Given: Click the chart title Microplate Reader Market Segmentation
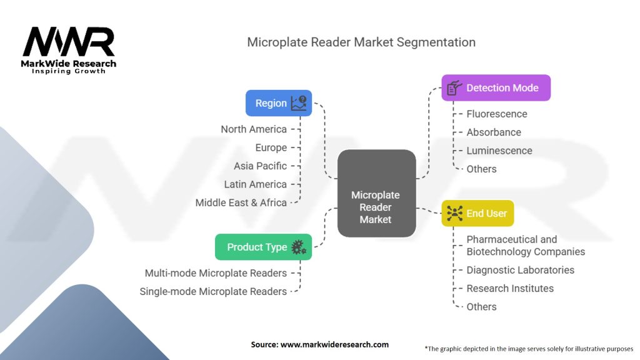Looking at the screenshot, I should pos(361,42).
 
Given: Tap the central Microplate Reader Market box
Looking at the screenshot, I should pos(376,194).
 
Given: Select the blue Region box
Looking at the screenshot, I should pos(278,103).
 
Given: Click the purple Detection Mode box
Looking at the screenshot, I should pos(496,88).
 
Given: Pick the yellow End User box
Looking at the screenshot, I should pos(477,214).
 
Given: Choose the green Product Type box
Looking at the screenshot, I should pos(263,247).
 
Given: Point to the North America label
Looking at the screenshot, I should pos(254,129).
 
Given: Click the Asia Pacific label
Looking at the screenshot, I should pos(261,166).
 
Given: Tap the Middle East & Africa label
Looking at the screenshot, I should pos(241,202).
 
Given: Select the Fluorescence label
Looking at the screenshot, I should pos(497,114).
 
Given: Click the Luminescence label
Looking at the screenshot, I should pos(499,151).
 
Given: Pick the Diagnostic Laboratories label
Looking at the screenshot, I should pos(520,270).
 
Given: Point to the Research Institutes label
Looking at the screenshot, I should pos(510,288).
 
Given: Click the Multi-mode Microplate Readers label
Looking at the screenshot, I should pos(216,273).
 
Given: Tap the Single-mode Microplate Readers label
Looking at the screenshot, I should pos(213,291).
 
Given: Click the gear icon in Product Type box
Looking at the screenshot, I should pos(299,247).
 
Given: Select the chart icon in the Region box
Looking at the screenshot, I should pos(299,103).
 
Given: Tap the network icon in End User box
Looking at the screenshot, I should pos(454,214).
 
